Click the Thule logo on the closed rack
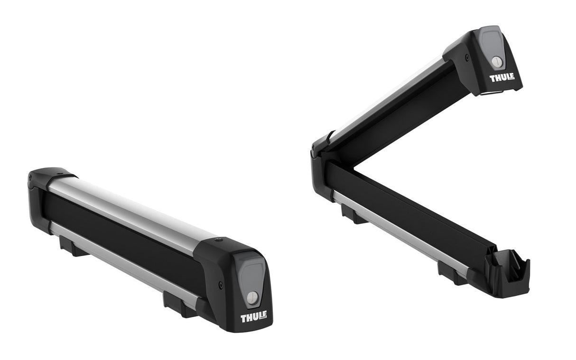pos(253,316)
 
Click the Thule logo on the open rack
pos(502,77)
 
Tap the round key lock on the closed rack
pos(252,298)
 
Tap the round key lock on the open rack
pos(496,61)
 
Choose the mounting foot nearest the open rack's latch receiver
pos(451,273)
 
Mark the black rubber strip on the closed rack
pos(119,237)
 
